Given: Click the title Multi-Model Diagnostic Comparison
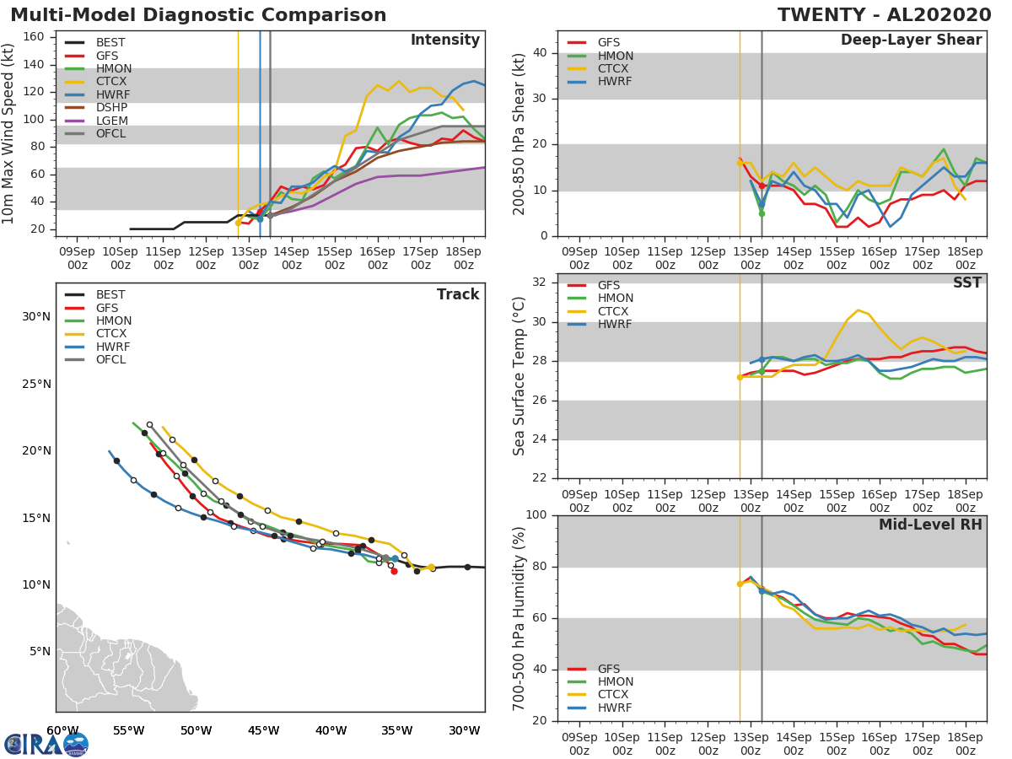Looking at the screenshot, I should tap(198, 15).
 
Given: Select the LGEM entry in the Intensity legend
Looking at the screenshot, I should tap(111, 121).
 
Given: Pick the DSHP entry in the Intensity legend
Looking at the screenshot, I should tap(111, 108).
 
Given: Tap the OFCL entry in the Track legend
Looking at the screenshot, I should tap(110, 360).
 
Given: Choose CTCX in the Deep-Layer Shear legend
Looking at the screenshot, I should tap(614, 69).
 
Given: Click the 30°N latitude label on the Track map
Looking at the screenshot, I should tap(35, 317).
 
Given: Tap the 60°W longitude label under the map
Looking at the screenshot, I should tap(62, 730).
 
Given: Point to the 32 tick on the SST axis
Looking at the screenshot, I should tap(540, 283).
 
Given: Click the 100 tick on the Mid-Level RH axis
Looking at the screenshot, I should tap(535, 515).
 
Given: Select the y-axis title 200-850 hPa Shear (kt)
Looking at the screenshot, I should tap(520, 133).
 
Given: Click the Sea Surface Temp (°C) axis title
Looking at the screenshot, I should tap(519, 375).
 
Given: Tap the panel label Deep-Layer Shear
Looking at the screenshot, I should tap(911, 40).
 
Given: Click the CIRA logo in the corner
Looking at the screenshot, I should tap(46, 744).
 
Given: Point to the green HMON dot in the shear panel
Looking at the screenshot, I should tap(762, 213).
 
